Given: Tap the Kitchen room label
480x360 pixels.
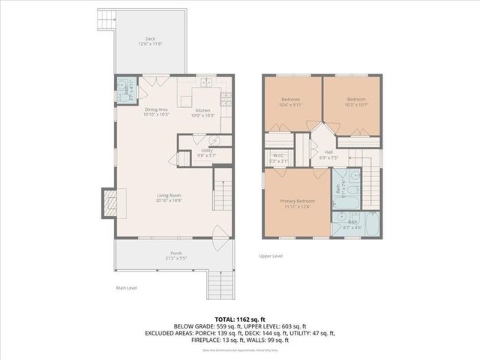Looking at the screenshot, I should [x=202, y=112].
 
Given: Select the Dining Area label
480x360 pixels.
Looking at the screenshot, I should [x=157, y=112].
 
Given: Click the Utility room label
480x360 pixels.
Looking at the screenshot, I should [x=206, y=152].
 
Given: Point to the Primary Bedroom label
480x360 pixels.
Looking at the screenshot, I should [x=297, y=204].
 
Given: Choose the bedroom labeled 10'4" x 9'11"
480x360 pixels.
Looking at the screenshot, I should [x=291, y=102].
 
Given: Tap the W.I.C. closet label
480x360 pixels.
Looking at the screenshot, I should [x=278, y=158].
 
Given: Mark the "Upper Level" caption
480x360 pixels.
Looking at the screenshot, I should [x=271, y=256].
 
